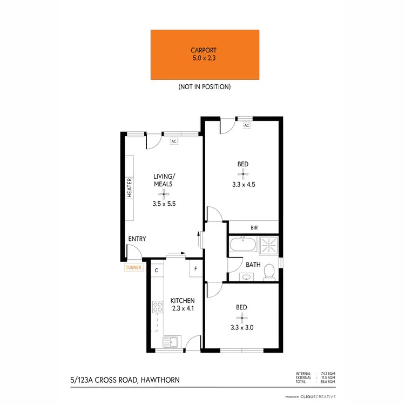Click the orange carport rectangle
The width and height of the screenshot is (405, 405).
pyautogui.click(x=204, y=54)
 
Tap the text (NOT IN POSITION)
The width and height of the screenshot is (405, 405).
pyautogui.click(x=204, y=87)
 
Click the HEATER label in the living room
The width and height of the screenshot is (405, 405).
pyautogui.click(x=130, y=188)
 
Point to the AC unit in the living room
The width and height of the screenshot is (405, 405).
pyautogui.click(x=174, y=141)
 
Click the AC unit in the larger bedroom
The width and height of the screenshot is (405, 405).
pyautogui.click(x=246, y=125)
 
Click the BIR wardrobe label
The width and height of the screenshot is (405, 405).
pyautogui.click(x=254, y=228)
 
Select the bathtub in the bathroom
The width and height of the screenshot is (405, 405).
pyautogui.click(x=242, y=247)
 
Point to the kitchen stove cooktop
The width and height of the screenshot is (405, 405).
pyautogui.click(x=158, y=307)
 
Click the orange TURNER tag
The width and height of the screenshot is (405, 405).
pyautogui.click(x=133, y=267)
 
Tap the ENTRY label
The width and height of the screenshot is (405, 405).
pyautogui.click(x=137, y=239)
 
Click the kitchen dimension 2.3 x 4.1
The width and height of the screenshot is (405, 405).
pyautogui.click(x=182, y=309)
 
